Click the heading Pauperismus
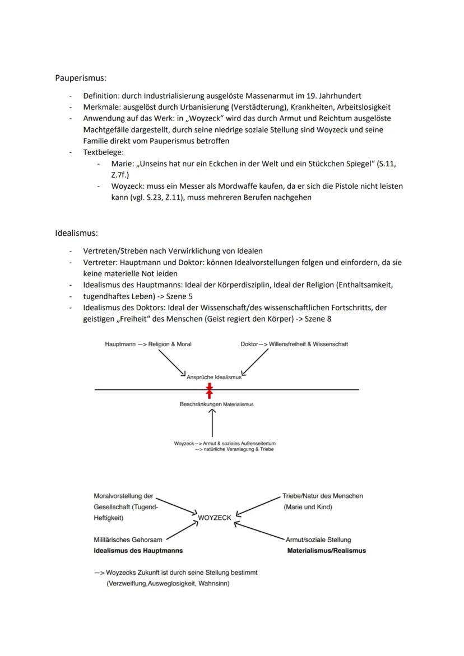81,78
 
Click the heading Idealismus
76,232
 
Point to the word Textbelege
103,152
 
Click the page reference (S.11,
392,163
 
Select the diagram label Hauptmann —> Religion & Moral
148,344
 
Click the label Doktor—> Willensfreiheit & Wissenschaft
294,344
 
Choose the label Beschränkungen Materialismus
216,404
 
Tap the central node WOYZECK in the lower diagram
214,518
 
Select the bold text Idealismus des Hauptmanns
138,551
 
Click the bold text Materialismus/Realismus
326,551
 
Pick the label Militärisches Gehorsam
128,539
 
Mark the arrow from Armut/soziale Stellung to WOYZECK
259,531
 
